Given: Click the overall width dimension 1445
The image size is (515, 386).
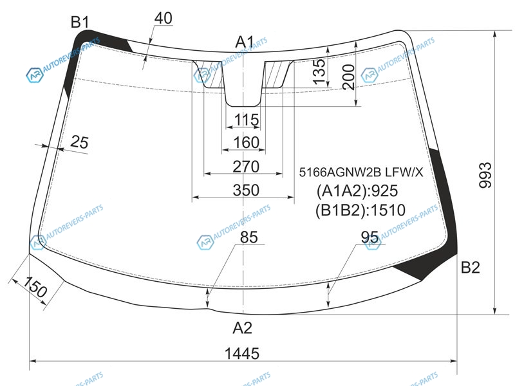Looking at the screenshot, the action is tap(242, 353).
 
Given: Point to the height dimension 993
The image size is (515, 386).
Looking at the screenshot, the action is tap(485, 175).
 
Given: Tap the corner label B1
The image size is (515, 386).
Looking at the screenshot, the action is tap(80, 23).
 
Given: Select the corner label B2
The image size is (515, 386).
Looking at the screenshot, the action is tap(471, 268).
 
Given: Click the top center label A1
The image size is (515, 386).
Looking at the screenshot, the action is tap(245, 42).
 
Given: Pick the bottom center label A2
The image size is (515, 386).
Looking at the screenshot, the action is tap(243, 327).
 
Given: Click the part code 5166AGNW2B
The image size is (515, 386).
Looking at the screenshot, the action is tap(340, 172).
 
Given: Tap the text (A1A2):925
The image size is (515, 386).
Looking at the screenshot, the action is tap(357, 190).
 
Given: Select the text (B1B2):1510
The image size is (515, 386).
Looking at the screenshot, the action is tap(360, 210).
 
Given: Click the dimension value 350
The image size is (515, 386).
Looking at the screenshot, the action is tap(246, 190).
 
